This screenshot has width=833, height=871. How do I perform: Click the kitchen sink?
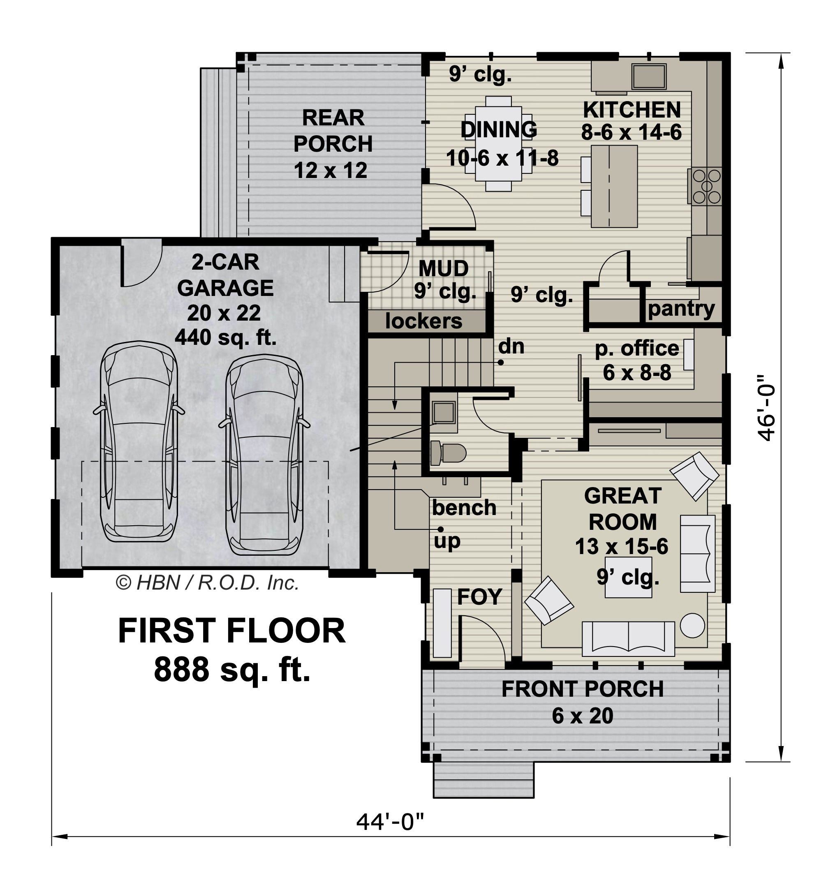coord(649,76)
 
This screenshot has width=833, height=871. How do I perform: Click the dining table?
coord(499,143)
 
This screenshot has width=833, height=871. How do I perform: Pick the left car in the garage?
coord(139,442)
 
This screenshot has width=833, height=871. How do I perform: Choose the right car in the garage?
coord(264,455)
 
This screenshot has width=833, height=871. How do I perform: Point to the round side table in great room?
coord(692,626)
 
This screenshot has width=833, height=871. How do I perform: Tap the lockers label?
coord(423,321)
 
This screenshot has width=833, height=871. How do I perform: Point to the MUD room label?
coord(444,268)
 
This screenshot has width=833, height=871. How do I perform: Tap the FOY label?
coord(479,597)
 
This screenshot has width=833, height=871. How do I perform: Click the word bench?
coord(464,507)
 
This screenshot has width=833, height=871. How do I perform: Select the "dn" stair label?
coord(511,346)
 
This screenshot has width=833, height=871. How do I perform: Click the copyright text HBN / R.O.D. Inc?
coord(207,583)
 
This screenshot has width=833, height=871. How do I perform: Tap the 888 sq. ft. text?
coord(232,670)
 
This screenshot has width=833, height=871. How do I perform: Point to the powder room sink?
coord(444,411)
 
